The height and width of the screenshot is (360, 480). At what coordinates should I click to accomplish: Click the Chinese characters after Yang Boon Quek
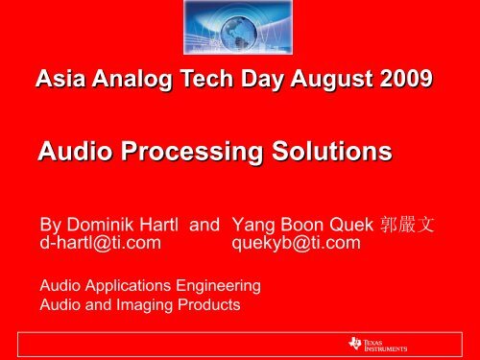408,225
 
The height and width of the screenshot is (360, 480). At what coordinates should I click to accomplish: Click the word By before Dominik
50,225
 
